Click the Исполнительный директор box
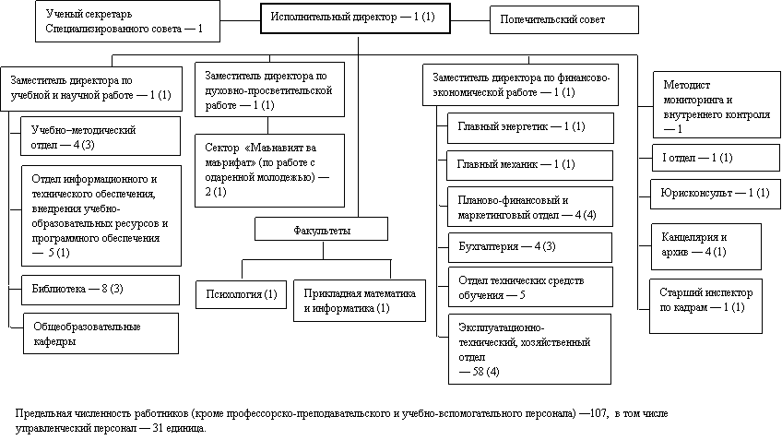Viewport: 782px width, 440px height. pos(355,18)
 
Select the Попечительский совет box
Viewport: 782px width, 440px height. pos(564,20)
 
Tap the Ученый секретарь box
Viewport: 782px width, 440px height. pos(127,21)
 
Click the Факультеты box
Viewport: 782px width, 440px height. pos(321,230)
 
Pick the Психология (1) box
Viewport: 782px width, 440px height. pos(242,294)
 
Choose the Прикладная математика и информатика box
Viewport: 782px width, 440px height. pos(360,301)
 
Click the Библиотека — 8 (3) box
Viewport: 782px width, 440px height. pos(101,290)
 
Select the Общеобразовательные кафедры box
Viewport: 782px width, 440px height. pos(101,334)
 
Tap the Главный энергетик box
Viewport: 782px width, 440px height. pos(530,128)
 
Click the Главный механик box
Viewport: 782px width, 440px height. pos(529,166)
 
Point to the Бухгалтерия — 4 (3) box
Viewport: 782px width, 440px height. pos(530,247)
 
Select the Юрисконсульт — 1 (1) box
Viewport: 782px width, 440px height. pos(715,194)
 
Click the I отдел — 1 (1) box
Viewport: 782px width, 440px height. pos(716,158)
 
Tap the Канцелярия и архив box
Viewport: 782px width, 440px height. pos(706,246)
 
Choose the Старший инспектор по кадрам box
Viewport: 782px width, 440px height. pos(705,306)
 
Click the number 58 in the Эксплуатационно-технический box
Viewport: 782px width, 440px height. pos(478,372)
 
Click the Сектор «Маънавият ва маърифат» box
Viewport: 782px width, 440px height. pos(270,171)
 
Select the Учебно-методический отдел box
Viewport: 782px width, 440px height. pos(101,137)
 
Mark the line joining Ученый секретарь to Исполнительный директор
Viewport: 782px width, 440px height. pos(241,20)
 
